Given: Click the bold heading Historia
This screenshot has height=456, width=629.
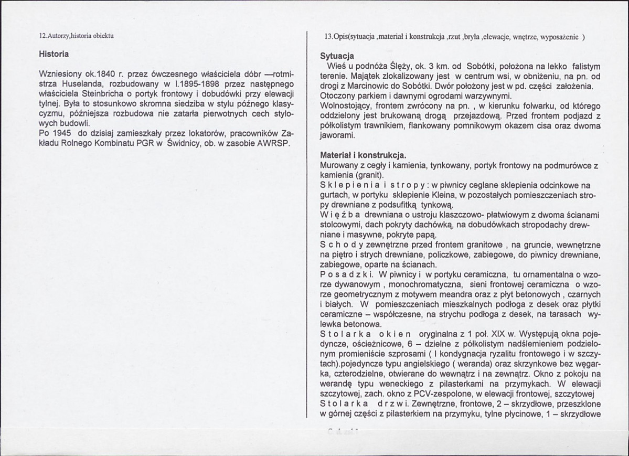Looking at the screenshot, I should click(55, 53).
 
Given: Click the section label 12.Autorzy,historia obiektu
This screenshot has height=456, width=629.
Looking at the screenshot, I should click(77, 36).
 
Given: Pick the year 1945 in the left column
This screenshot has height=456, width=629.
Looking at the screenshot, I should click(64, 133).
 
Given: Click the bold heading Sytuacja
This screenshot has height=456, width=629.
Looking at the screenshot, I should click(337, 56).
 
